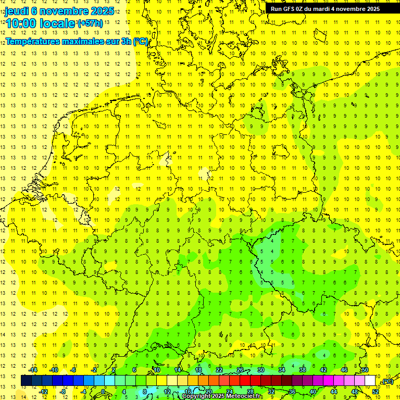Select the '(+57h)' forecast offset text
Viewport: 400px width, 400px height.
90,23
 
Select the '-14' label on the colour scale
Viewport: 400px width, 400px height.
33,370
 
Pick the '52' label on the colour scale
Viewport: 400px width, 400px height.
375,392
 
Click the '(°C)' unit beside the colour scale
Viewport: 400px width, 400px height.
387,381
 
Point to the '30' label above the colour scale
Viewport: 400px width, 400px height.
260,370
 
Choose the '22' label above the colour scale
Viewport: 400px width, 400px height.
219,370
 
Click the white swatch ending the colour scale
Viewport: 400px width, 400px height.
370,381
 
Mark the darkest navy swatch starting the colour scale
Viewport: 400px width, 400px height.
26,381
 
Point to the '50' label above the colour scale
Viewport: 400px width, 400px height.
365,370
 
